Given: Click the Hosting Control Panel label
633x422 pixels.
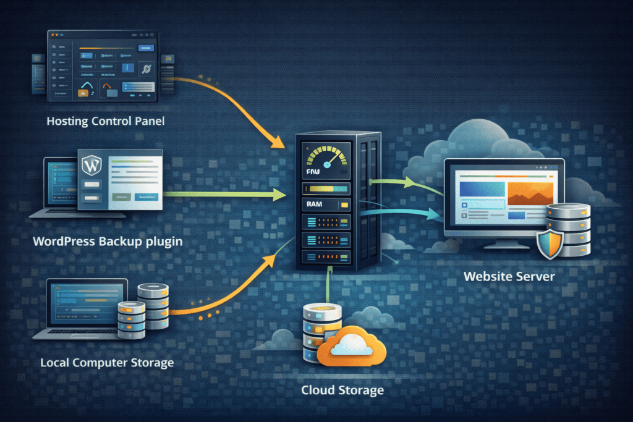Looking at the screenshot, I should pos(106,121).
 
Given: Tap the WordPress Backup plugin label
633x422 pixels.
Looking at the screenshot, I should pos(107,241).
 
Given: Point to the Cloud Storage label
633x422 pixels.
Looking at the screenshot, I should pos(342,390).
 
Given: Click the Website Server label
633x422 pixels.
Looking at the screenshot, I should pos(509,276).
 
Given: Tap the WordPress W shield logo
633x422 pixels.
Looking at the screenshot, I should pos(91,165).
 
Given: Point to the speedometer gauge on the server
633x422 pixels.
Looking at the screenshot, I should pos(325,158).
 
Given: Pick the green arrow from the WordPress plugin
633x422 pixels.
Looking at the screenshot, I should pos(223,195).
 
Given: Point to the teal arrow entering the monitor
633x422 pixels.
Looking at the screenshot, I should pos(408,213).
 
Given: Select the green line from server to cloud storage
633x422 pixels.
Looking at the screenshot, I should pos(327,284).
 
